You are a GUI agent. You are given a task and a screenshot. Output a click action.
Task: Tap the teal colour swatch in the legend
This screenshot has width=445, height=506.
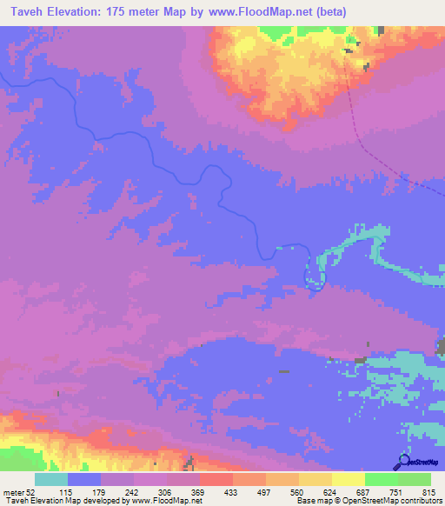pyautogui.click(x=51, y=480)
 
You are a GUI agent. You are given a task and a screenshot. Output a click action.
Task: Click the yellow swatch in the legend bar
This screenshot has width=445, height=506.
pyautogui.click(x=348, y=480)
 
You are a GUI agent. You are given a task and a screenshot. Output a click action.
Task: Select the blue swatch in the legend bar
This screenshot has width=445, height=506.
pyautogui.click(x=84, y=480)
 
